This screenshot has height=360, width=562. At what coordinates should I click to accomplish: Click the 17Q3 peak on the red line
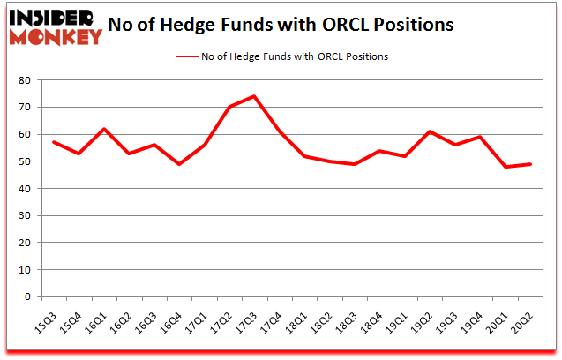pyautogui.click(x=253, y=96)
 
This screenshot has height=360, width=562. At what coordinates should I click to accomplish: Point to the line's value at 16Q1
pyautogui.click(x=103, y=129)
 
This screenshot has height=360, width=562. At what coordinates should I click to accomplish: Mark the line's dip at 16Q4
pyautogui.click(x=178, y=164)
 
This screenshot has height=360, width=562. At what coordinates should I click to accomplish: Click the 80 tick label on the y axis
pyautogui.click(x=24, y=80)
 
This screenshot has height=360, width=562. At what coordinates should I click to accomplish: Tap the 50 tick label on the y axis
pyautogui.click(x=24, y=161)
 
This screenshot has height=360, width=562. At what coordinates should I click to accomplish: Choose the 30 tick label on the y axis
pyautogui.click(x=24, y=215)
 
